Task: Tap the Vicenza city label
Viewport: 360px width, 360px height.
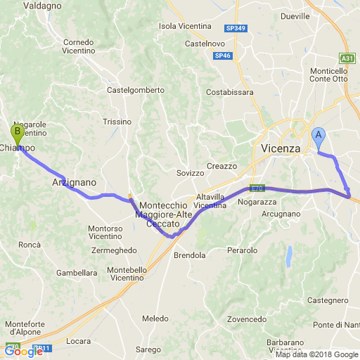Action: point(281,148)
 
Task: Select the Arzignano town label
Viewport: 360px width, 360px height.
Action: point(74,181)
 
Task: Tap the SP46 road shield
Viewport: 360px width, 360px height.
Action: point(222,56)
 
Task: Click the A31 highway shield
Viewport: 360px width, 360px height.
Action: point(347,58)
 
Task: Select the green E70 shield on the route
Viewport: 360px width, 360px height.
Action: point(256,188)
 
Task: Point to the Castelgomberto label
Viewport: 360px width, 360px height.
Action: point(135,90)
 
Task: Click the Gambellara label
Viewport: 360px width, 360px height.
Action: point(77,272)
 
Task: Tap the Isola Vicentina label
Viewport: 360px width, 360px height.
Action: point(186,26)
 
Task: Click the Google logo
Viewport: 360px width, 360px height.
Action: point(23,352)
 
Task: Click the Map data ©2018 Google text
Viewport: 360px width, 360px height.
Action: point(316,354)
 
